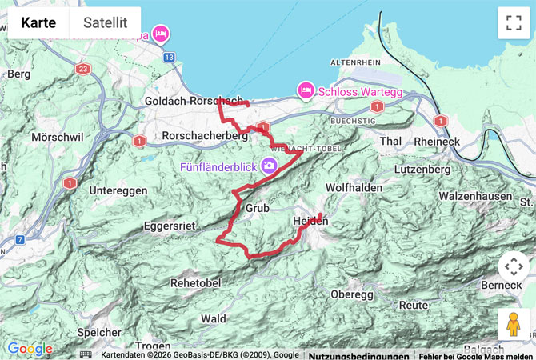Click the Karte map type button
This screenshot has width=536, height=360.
(x=38, y=23)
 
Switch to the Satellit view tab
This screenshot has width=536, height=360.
(x=105, y=23)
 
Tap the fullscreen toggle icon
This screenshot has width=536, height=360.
(x=512, y=23)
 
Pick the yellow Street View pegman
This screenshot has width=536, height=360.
(x=512, y=324)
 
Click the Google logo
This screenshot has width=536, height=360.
(x=30, y=349)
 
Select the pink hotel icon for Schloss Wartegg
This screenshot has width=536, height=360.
(x=305, y=91)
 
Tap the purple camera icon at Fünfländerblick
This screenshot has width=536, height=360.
(x=270, y=166)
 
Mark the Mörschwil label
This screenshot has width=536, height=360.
(x=57, y=138)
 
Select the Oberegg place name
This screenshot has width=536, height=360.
(x=352, y=294)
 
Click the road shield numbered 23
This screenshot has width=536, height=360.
(x=85, y=70)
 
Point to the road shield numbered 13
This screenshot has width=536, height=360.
(x=169, y=58)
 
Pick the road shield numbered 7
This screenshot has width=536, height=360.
(x=19, y=239)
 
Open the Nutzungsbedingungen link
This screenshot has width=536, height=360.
(x=358, y=355)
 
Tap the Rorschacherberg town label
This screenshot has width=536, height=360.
(x=205, y=137)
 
